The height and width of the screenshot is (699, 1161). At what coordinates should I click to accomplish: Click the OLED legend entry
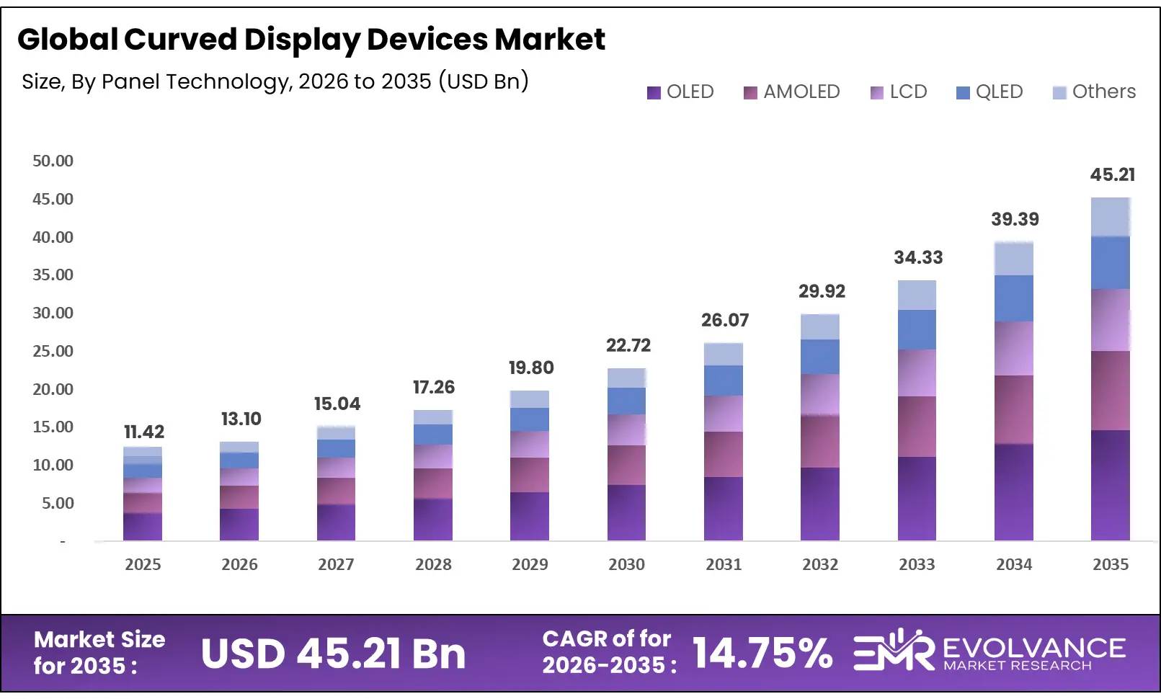tap(680, 92)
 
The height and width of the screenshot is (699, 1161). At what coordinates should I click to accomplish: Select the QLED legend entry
tap(989, 92)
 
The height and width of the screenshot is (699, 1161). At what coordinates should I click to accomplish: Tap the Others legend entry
tap(1094, 92)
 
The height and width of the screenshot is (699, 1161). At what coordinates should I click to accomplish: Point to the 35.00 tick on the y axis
tap(53, 275)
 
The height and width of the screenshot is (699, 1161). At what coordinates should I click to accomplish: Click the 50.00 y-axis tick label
tap(53, 161)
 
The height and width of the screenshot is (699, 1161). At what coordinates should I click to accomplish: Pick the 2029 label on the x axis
tap(530, 564)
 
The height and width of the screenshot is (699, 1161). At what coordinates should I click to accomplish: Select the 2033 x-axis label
tap(917, 564)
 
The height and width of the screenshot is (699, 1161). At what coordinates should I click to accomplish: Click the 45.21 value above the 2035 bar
tap(1112, 174)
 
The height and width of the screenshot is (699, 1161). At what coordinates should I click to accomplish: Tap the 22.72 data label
tap(628, 345)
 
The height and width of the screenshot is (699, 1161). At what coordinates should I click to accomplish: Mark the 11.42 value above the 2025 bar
tap(144, 432)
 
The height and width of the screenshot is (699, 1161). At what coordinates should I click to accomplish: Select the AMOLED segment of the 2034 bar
tap(1013, 409)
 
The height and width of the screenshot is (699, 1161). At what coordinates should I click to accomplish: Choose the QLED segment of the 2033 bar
tap(917, 329)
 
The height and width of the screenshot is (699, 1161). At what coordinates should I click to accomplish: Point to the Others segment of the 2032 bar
tap(819, 326)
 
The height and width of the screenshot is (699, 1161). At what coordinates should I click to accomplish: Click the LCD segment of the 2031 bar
tap(723, 413)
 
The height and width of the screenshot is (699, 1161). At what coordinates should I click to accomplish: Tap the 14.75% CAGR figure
tap(762, 653)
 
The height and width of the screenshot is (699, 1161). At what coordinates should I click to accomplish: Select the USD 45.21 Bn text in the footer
tap(333, 654)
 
